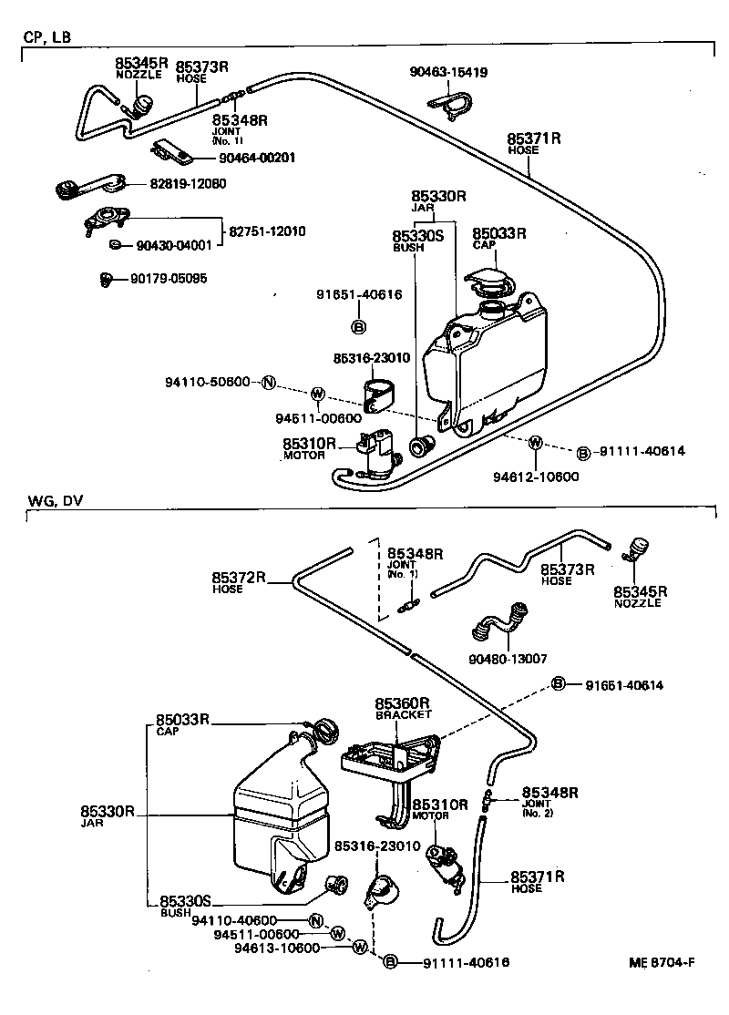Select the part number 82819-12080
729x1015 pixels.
(188, 183)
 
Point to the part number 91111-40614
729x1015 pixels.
(642, 451)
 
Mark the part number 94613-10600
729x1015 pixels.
(278, 947)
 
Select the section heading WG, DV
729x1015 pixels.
(48, 500)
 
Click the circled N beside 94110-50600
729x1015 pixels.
(268, 382)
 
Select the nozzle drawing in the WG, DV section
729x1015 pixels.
(636, 549)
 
